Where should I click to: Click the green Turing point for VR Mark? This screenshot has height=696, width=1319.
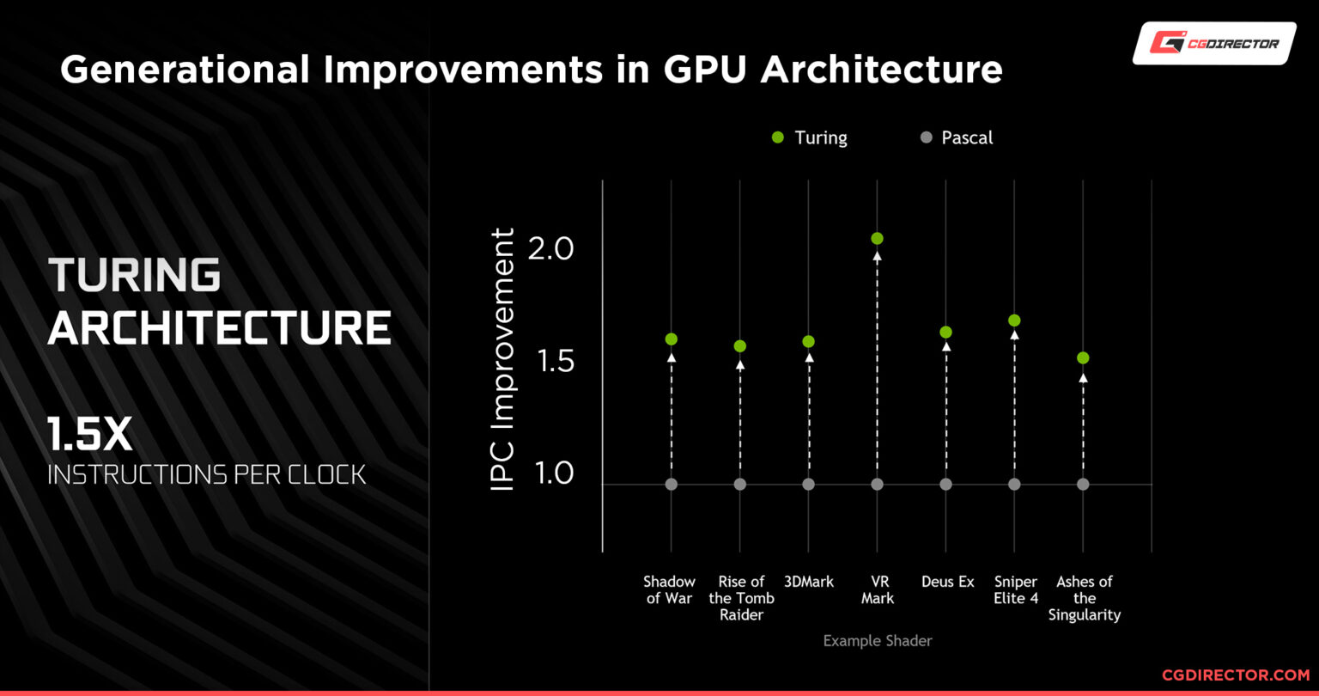pyautogui.click(x=877, y=239)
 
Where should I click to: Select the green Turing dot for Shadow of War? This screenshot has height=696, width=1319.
pyautogui.click(x=672, y=339)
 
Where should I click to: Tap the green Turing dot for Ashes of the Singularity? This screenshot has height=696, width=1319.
pyautogui.click(x=1083, y=357)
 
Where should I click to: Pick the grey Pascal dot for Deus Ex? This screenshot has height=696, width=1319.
pyautogui.click(x=945, y=485)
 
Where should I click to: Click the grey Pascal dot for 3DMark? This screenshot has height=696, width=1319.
pyautogui.click(x=808, y=485)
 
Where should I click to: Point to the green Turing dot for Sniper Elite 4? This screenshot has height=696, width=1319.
pyautogui.click(x=1014, y=321)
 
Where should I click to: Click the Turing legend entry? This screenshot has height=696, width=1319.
pyautogui.click(x=810, y=137)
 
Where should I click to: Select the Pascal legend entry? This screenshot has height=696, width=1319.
pyautogui.click(x=957, y=137)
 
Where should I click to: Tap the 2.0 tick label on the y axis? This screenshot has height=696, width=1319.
pyautogui.click(x=550, y=250)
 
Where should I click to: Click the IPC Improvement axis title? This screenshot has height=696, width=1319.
pyautogui.click(x=502, y=360)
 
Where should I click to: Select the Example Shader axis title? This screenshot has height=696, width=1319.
pyautogui.click(x=877, y=641)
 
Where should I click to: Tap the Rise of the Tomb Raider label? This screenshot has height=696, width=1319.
pyautogui.click(x=741, y=598)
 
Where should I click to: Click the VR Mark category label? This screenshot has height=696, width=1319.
pyautogui.click(x=877, y=590)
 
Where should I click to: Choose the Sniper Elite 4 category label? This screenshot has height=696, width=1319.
pyautogui.click(x=1016, y=590)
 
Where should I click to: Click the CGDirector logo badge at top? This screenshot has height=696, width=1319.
pyautogui.click(x=1214, y=44)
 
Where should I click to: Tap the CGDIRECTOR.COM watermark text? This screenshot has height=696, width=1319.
pyautogui.click(x=1236, y=676)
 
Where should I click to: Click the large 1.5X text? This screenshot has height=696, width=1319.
pyautogui.click(x=89, y=437)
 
